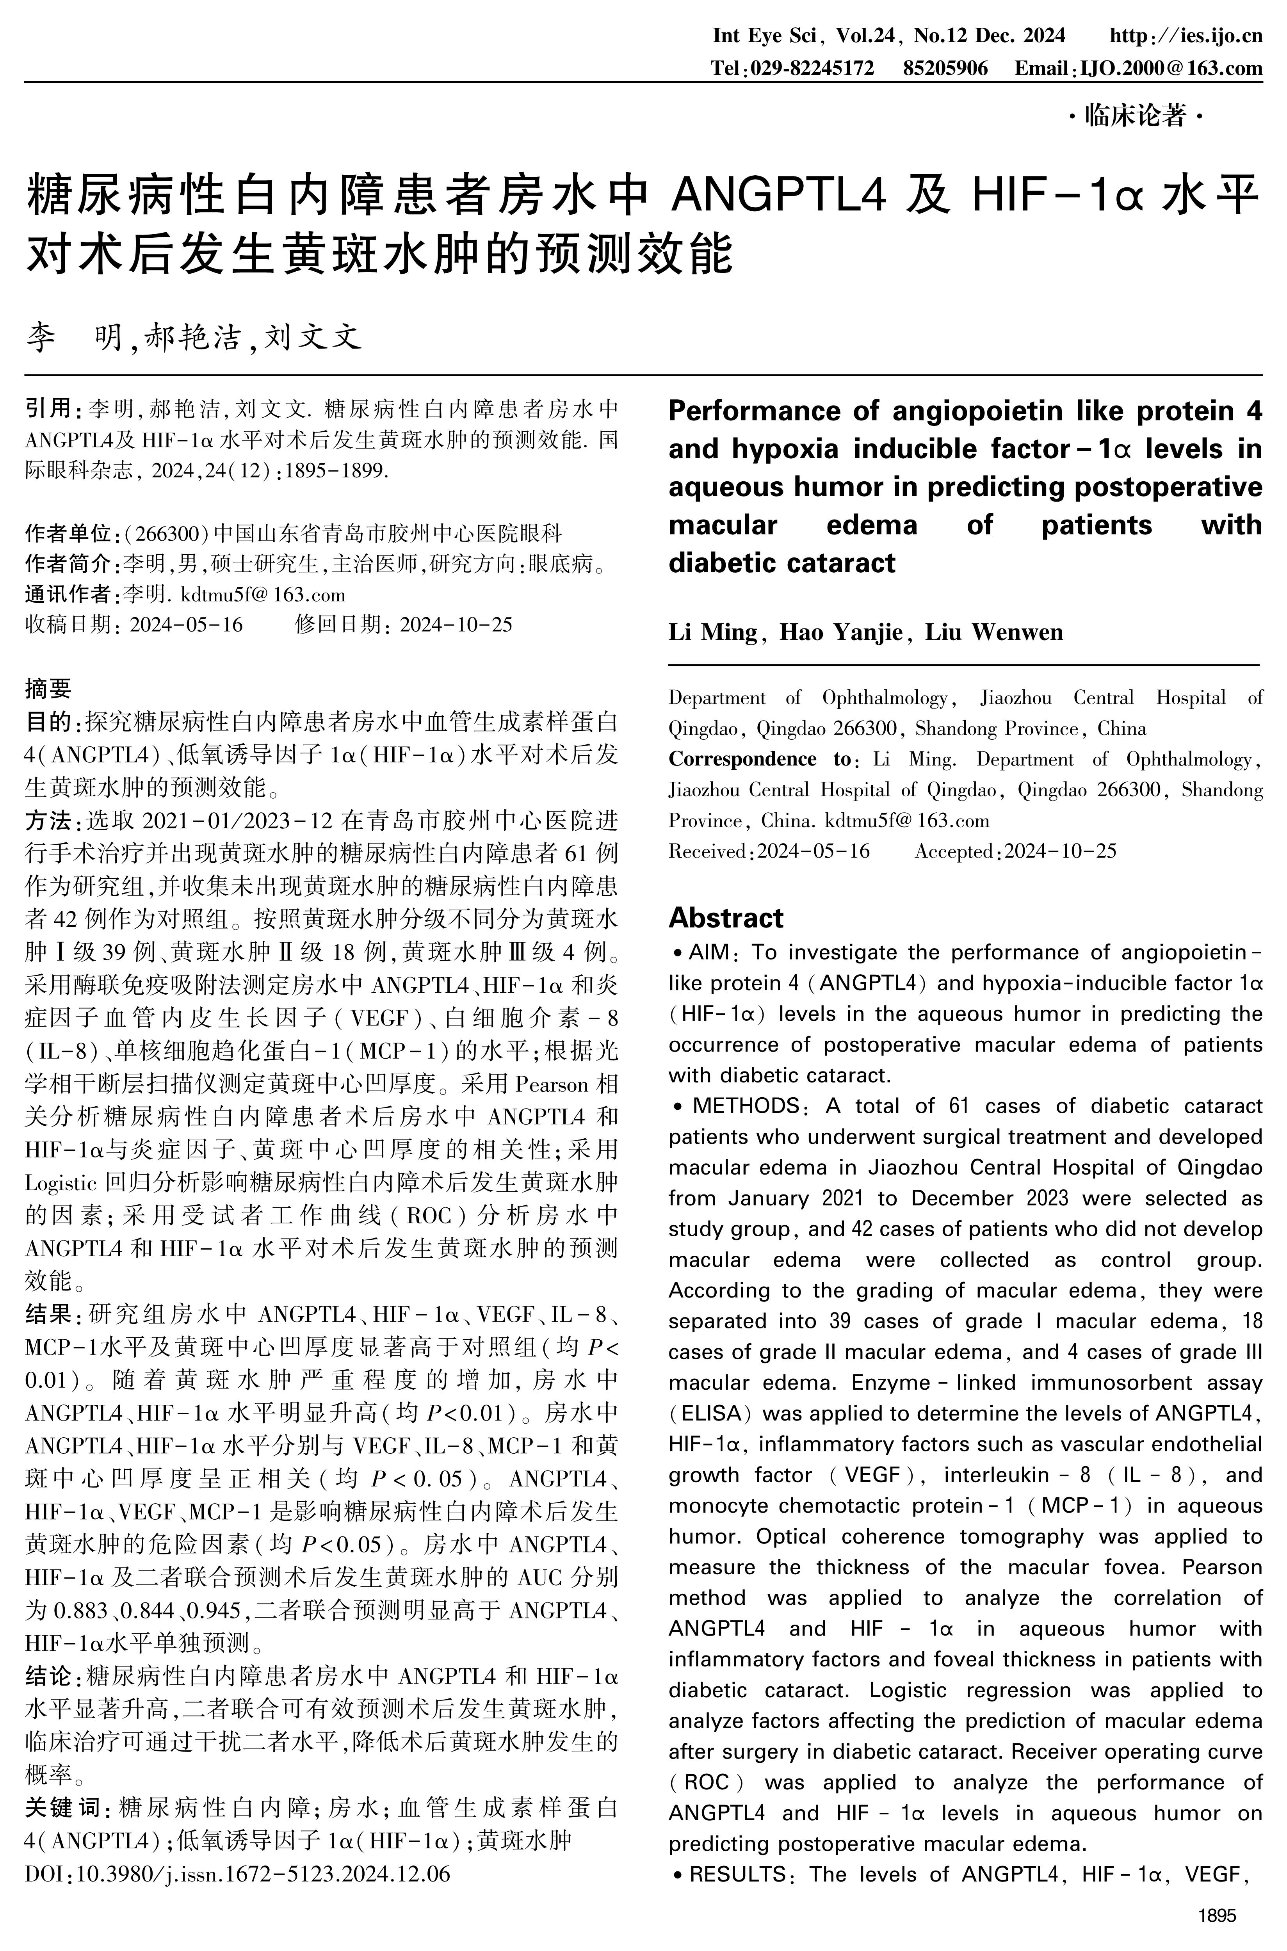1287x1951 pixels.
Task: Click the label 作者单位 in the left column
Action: [x=67, y=534]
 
